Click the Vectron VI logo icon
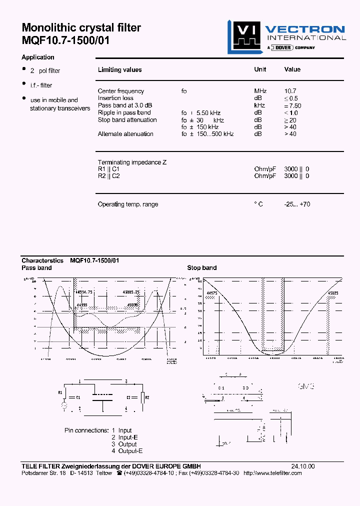tap(244, 36)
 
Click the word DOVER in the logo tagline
tap(283, 47)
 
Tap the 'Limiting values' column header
tap(119, 70)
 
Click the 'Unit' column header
tap(260, 69)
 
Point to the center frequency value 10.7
tap(290, 91)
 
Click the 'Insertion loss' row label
tap(115, 98)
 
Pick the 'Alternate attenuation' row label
tap(125, 134)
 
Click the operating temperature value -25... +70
tap(297, 204)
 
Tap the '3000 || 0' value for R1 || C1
tap(296, 169)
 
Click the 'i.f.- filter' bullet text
tap(41, 85)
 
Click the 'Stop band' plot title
tap(202, 268)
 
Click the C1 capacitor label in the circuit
tap(78, 397)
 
